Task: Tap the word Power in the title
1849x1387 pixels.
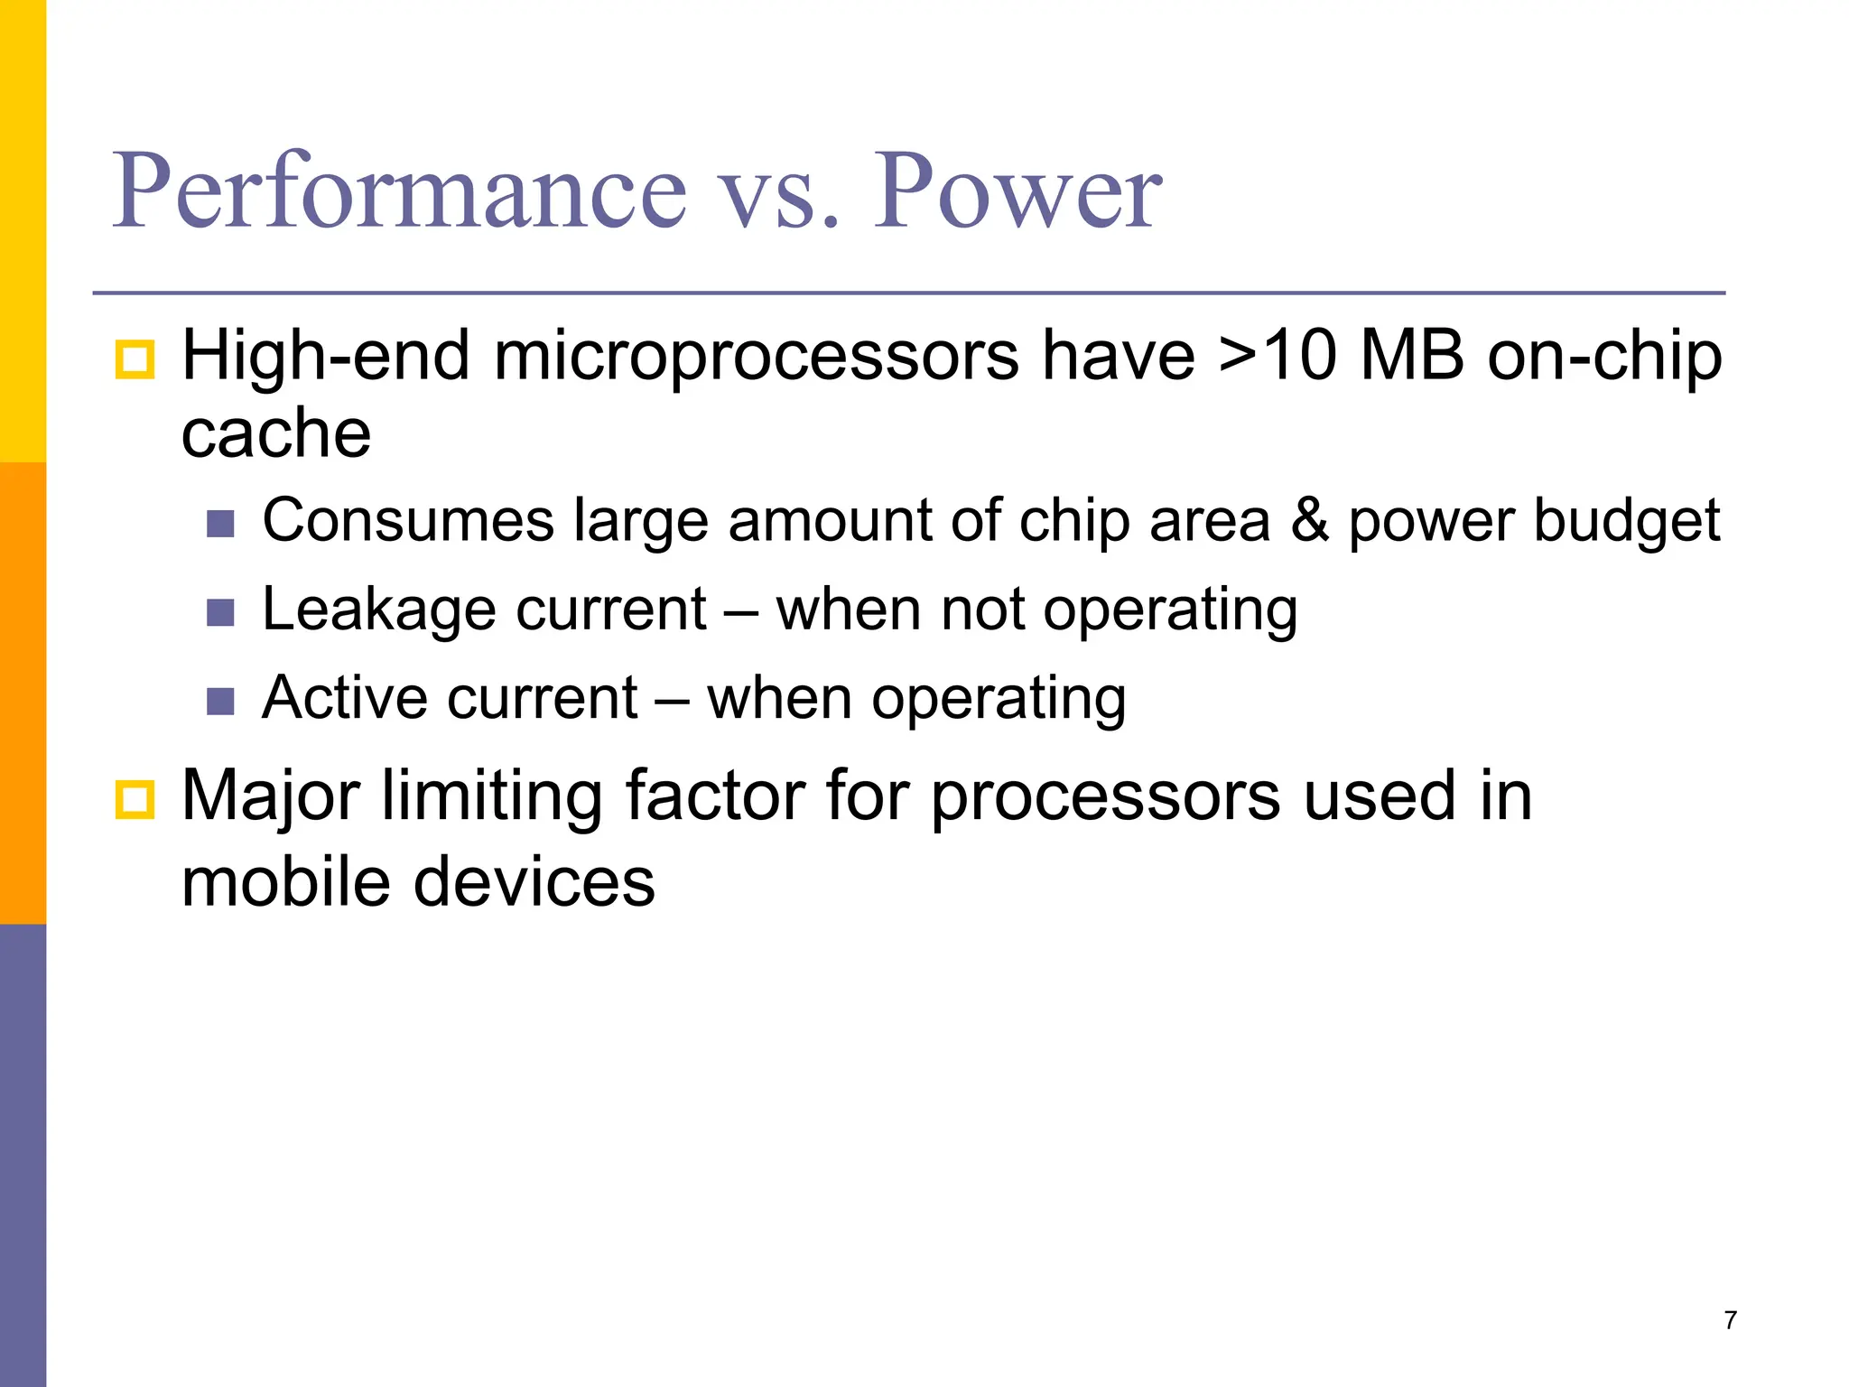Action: pos(1017,191)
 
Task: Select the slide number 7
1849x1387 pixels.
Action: pos(1730,1320)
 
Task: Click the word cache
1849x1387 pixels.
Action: pos(276,433)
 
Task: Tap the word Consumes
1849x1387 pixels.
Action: pos(408,521)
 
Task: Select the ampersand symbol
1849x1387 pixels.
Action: pos(1309,521)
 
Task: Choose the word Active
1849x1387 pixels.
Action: pos(357,698)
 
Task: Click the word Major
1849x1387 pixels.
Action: pos(271,796)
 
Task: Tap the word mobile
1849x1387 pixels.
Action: pos(284,882)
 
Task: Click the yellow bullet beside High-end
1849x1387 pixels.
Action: pos(135,359)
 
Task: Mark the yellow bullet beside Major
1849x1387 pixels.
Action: pos(135,800)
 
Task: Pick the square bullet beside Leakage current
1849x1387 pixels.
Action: pos(220,613)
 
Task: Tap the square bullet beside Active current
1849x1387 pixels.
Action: pos(220,701)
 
